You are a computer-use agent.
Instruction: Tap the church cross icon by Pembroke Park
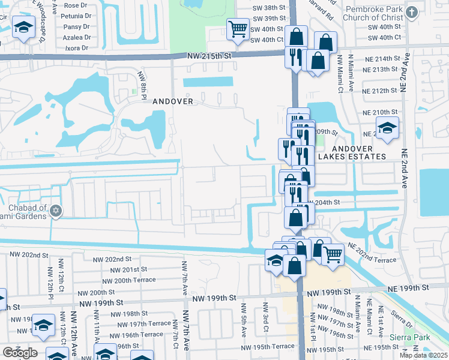click(412, 13)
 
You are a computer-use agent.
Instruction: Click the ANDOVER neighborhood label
click(173, 101)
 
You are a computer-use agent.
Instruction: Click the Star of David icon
click(56, 211)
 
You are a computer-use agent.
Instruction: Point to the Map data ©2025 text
click(423, 355)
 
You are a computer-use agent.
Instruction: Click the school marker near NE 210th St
click(387, 127)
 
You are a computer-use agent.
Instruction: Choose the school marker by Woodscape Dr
click(24, 28)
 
